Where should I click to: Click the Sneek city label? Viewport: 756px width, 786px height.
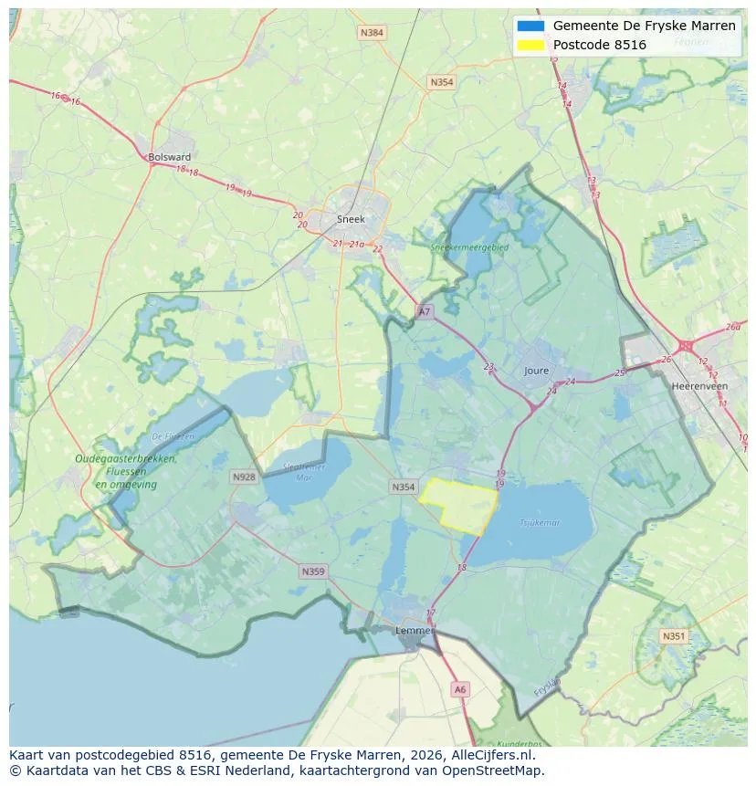click(351, 219)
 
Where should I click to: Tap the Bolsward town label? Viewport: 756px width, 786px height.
click(169, 157)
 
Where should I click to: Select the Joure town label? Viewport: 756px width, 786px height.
click(537, 371)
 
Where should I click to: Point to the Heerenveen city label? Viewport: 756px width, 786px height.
click(698, 386)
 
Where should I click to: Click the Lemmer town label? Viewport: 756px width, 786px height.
click(414, 630)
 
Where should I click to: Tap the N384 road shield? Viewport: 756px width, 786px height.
click(373, 33)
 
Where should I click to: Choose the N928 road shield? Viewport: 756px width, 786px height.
click(244, 477)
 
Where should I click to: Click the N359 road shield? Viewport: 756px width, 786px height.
click(312, 571)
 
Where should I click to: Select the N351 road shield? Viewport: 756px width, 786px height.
click(674, 636)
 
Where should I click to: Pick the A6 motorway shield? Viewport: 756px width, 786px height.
click(460, 690)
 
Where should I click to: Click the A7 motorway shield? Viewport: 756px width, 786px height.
click(424, 312)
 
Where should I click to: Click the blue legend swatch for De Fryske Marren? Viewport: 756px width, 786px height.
click(530, 26)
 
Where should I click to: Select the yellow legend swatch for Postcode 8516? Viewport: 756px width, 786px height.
click(530, 45)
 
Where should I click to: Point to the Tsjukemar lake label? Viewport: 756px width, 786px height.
click(540, 523)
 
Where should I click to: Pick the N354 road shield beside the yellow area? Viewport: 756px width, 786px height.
click(404, 487)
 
